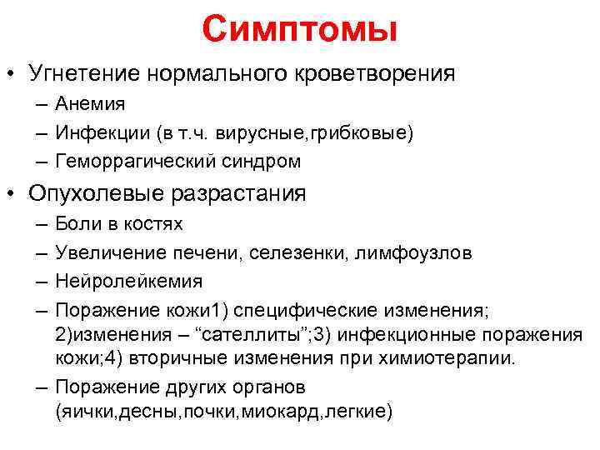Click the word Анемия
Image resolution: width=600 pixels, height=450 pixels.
[x=90, y=104]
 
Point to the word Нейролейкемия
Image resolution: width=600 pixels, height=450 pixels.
[x=128, y=281]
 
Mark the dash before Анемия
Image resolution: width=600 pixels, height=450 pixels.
[x=42, y=104]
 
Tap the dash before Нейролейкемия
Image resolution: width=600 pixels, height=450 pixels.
[x=42, y=281]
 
